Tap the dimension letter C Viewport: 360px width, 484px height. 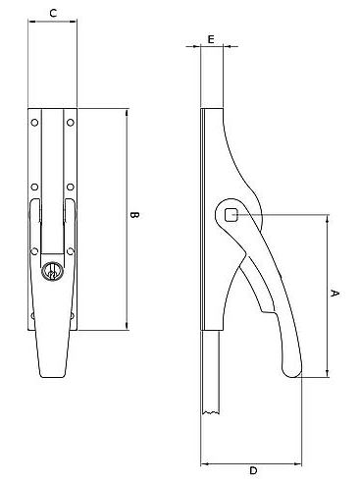(x=51, y=13)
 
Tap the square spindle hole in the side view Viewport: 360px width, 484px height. (x=231, y=214)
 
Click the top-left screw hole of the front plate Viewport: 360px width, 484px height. (x=35, y=123)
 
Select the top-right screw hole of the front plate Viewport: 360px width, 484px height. (x=71, y=123)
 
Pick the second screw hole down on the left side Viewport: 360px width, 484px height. (x=35, y=186)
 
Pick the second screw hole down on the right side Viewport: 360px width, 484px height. (x=71, y=186)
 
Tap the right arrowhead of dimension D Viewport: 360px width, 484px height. (x=301, y=461)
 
